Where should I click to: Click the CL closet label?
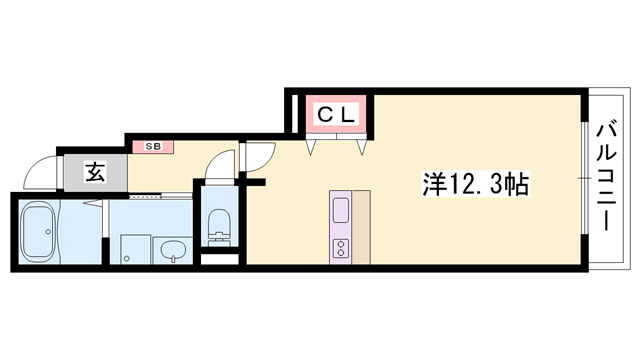(336, 116)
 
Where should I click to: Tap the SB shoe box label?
(153, 146)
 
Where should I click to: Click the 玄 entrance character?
(94, 173)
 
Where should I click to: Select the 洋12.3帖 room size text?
(476, 184)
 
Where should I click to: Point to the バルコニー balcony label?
(608, 176)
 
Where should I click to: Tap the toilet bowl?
(216, 226)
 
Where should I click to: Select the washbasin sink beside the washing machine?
(172, 250)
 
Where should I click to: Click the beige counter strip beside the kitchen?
(363, 226)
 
